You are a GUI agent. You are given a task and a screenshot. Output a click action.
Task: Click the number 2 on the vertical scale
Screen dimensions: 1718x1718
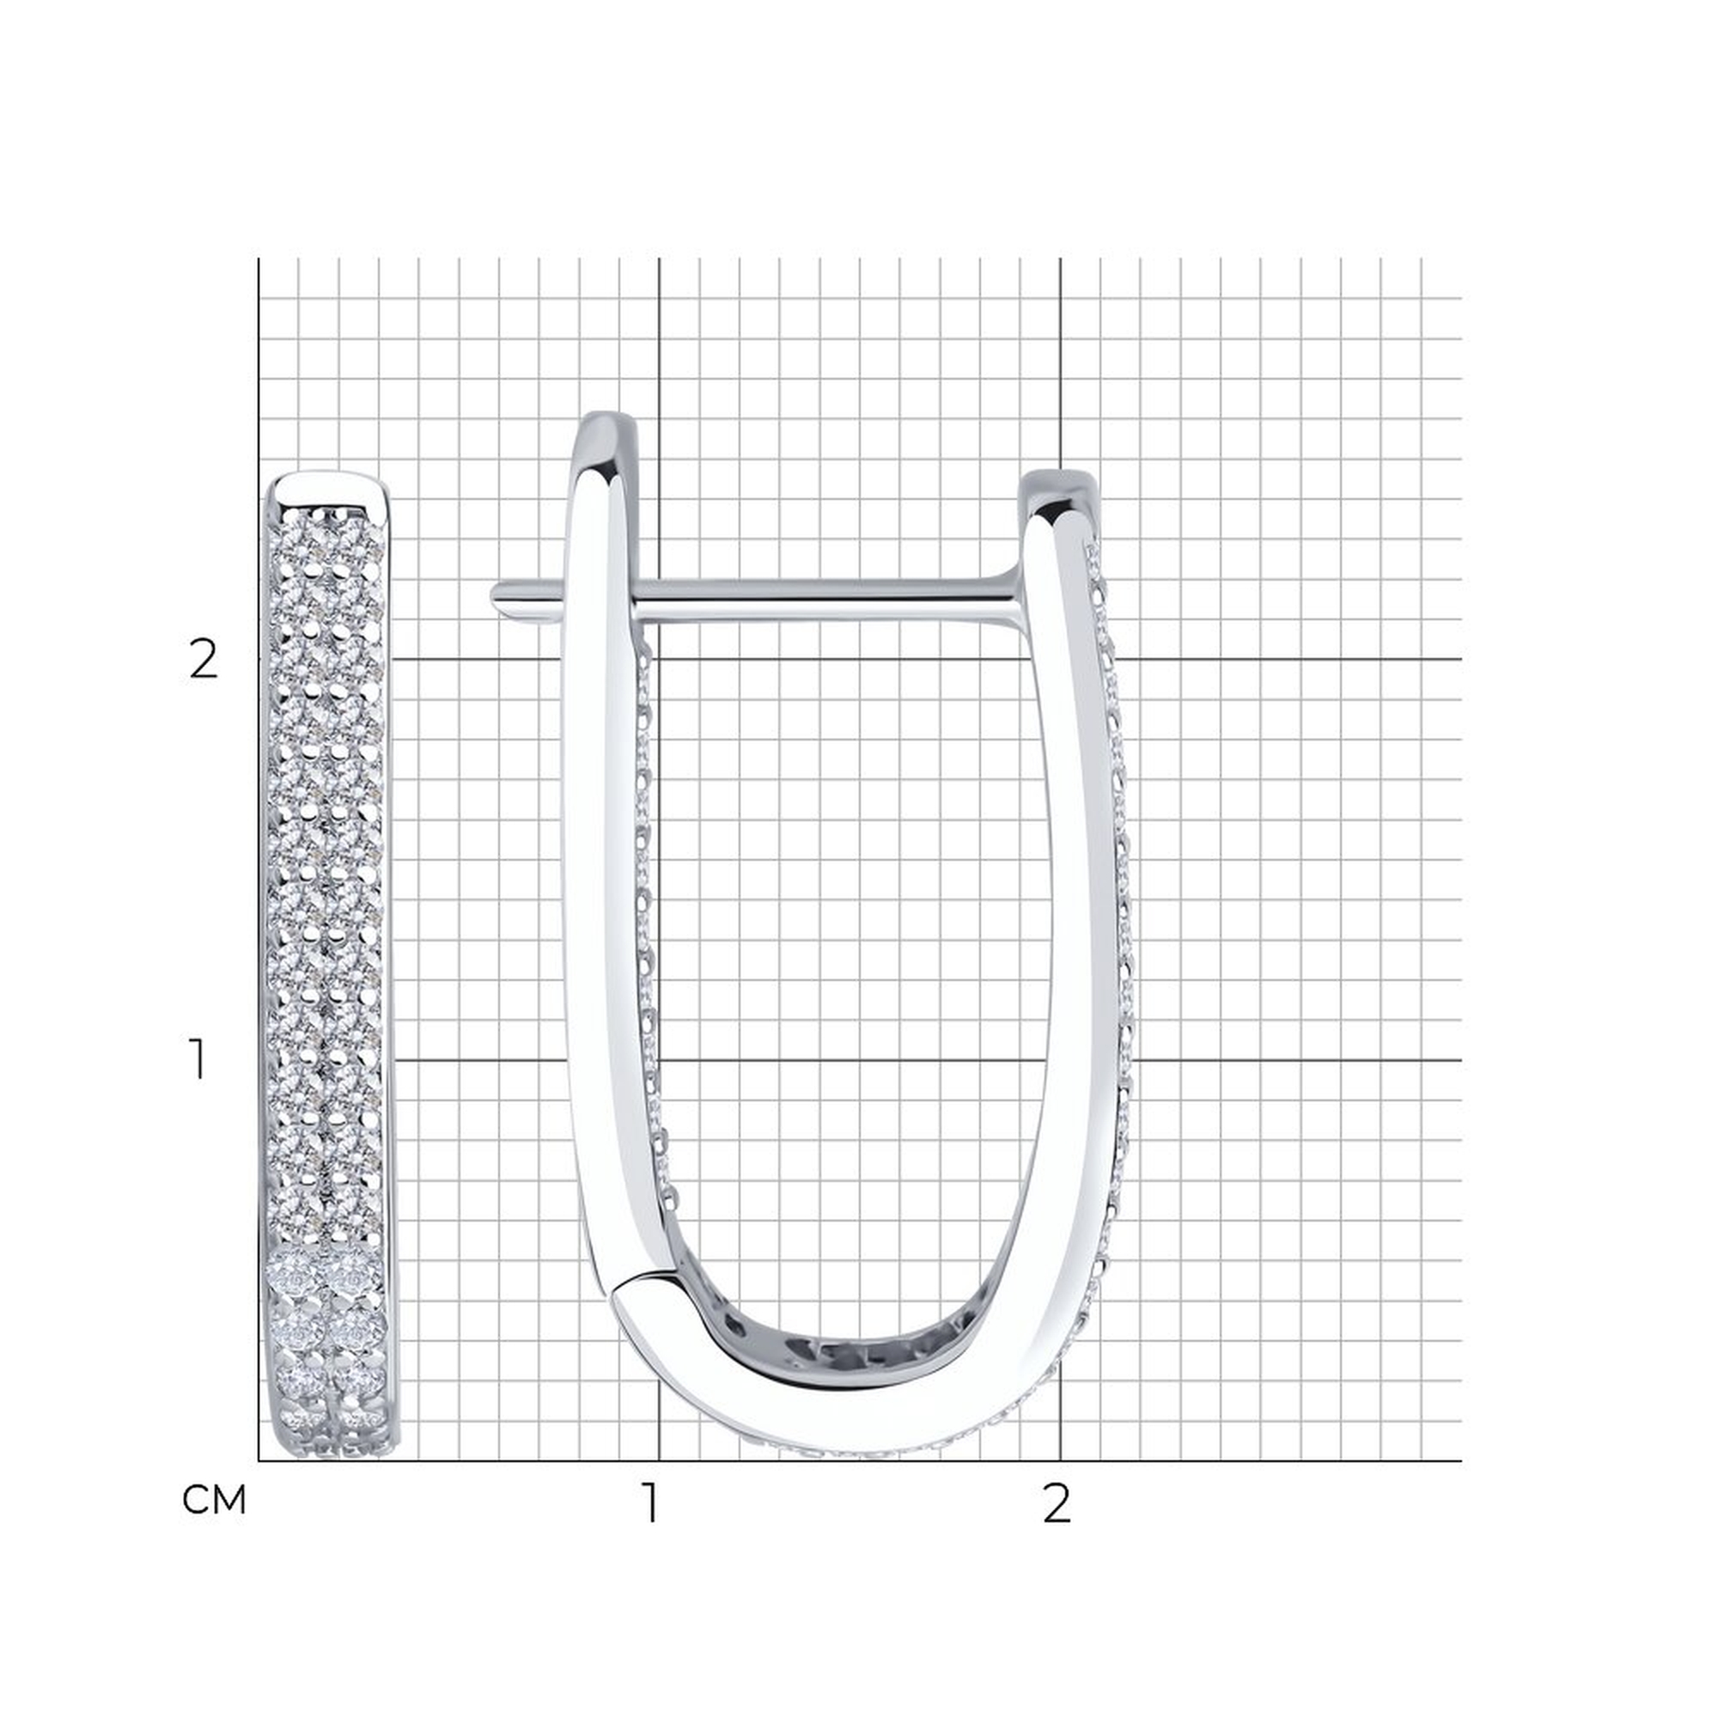click(204, 661)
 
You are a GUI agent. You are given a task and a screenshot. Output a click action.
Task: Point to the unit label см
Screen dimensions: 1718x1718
click(213, 1500)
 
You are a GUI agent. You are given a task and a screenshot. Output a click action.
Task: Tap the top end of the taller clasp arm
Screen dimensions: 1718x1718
click(608, 425)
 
